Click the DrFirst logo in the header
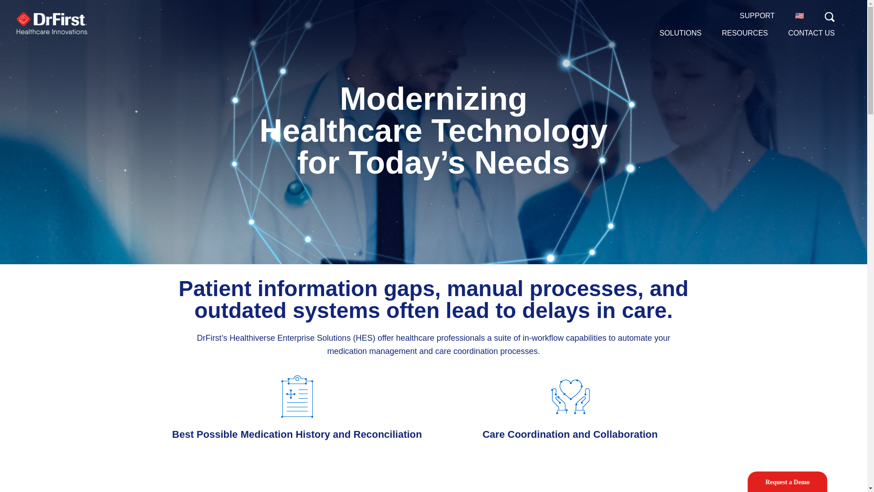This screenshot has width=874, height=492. click(51, 23)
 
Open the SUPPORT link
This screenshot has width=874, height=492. click(757, 16)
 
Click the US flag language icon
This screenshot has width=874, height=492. click(799, 16)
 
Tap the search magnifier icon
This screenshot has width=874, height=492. click(829, 17)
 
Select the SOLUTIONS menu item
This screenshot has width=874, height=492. click(680, 33)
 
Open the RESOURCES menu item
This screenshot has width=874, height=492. click(745, 33)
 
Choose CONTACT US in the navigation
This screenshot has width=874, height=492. click(811, 33)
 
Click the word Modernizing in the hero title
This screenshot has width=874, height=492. click(433, 99)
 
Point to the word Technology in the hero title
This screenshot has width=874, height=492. click(519, 131)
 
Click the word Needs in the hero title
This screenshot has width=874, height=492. click(522, 163)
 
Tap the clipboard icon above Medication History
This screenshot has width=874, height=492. click(297, 396)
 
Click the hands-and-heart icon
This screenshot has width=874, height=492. click(570, 396)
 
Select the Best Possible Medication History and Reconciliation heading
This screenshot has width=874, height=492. click(297, 435)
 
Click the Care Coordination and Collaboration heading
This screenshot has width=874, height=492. click(570, 435)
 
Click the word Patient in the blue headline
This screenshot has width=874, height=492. click(215, 289)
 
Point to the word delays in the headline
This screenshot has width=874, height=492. click(556, 311)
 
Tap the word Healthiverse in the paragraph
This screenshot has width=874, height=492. click(252, 338)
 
